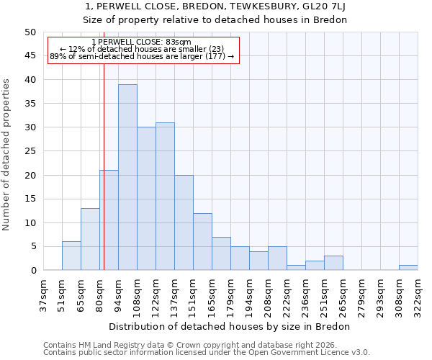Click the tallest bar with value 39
127,177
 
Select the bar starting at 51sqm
71,256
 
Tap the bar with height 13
90,239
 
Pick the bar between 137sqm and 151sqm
184,222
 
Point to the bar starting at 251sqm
333,263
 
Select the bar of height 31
165,197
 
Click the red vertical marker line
104,180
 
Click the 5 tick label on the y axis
32,247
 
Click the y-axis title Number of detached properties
7,151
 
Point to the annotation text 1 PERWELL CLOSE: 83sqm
142,42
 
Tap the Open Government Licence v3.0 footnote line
207,352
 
